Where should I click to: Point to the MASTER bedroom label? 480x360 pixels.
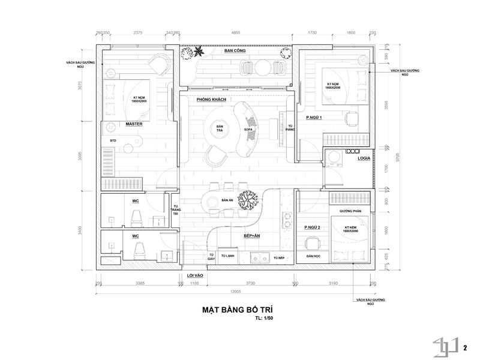[133, 124]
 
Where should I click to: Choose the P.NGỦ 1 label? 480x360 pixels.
[313, 118]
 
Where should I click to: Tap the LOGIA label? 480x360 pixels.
[364, 159]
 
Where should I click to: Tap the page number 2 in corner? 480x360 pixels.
[465, 346]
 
